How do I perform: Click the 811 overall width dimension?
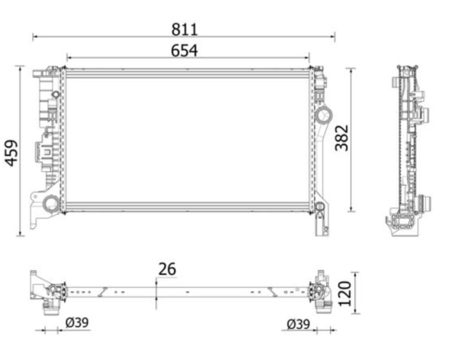tap(184, 29)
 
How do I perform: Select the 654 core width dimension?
tap(184, 51)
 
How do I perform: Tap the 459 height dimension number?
tap(12, 152)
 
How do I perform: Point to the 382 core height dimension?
tap(342, 138)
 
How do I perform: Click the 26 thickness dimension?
tap(167, 269)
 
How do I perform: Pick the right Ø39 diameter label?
tap(298, 324)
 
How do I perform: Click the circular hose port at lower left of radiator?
tap(52, 204)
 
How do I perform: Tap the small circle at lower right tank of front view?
tap(320, 207)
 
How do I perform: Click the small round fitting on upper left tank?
tap(56, 95)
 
